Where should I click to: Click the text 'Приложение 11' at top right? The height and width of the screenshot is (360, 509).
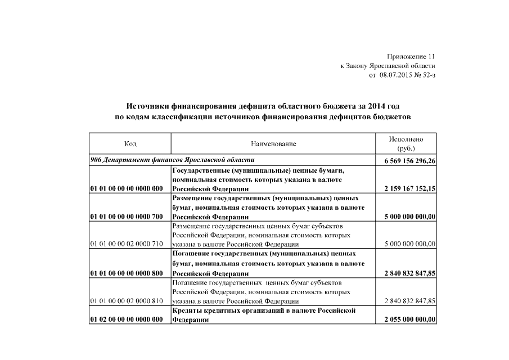pos(411,57)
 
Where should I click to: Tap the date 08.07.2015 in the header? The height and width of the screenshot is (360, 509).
pos(397,75)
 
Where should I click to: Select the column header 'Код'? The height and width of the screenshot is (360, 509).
pos(130,144)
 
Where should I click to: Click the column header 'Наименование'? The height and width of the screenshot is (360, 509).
pos(273,144)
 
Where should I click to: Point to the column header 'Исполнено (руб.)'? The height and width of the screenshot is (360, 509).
pos(406,144)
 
